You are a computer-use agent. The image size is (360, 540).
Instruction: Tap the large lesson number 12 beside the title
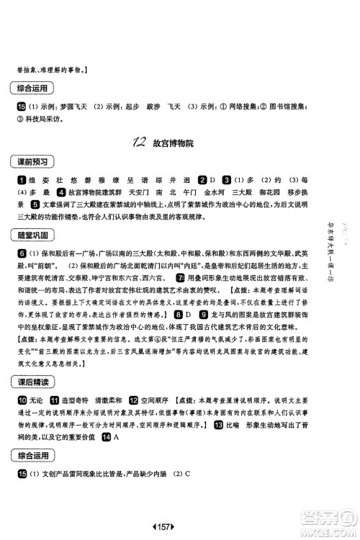[139, 143]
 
